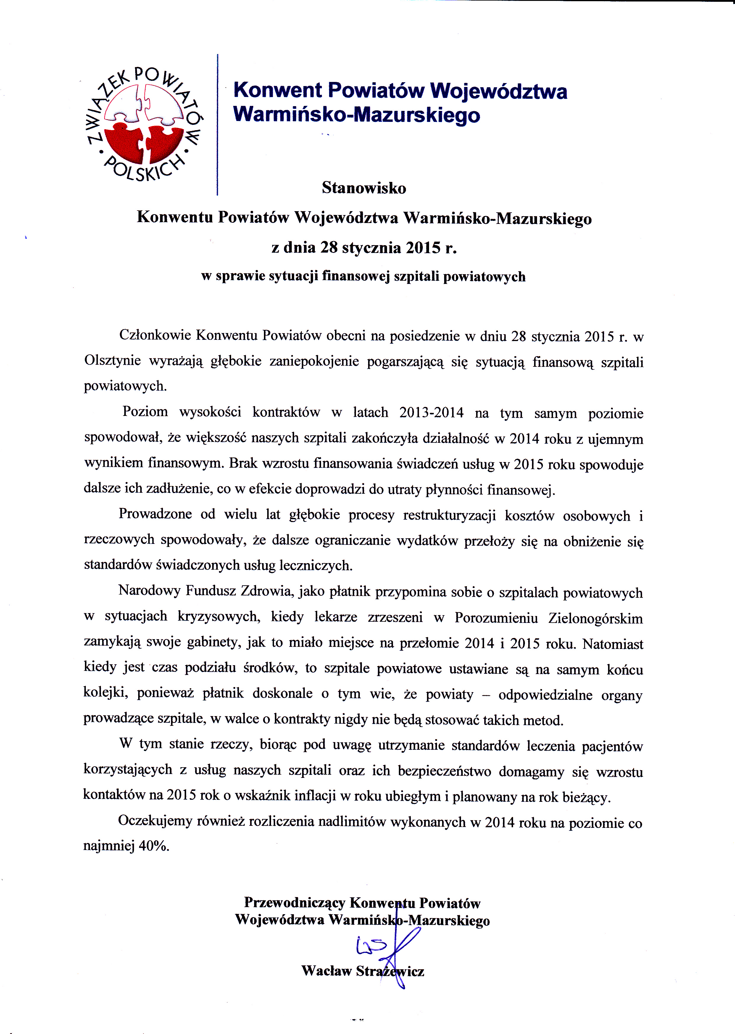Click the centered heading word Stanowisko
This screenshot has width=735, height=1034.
(x=364, y=188)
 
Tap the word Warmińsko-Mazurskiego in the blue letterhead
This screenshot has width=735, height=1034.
(x=357, y=114)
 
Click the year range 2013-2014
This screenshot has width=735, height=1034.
(x=431, y=413)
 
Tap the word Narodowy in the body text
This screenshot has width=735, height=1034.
(x=149, y=591)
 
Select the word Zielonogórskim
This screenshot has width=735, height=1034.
(x=595, y=618)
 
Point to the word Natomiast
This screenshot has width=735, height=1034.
(x=613, y=644)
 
